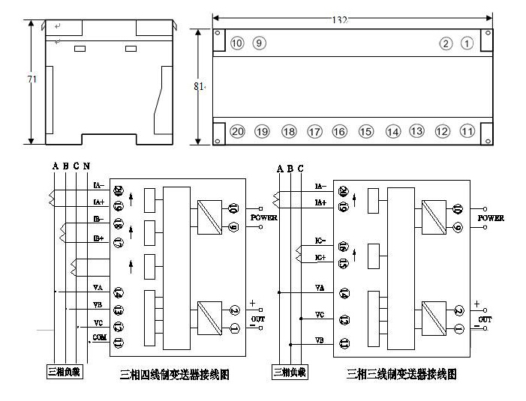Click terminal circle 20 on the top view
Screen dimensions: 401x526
(x=237, y=131)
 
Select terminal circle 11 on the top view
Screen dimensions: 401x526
(x=467, y=131)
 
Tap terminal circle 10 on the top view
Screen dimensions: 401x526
(x=237, y=43)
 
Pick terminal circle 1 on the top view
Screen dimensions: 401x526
(x=467, y=43)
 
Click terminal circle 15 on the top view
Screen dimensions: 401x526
(x=365, y=131)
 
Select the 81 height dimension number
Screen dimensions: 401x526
(x=199, y=86)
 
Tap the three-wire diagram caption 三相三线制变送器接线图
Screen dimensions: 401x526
(x=401, y=373)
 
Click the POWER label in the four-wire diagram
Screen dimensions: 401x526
(x=264, y=218)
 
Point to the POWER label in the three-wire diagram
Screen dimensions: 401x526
(x=491, y=218)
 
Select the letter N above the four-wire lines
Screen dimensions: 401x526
(x=87, y=166)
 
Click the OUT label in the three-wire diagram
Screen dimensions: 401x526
(x=486, y=320)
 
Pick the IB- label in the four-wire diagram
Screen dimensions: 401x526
(x=98, y=219)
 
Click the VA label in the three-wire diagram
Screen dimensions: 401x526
(x=320, y=288)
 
